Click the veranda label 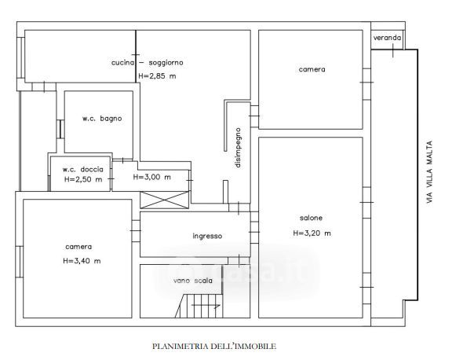coord(387,38)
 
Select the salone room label coord(311,218)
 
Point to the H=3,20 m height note coord(312,233)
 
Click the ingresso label coord(207,236)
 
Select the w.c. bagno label coord(102,119)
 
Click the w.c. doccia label coord(83,168)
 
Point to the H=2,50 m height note coord(83,180)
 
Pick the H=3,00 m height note coord(151,177)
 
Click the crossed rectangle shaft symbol coord(164,200)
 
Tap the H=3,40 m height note coord(82,261)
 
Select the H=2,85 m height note coord(157,76)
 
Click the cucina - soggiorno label coord(151,62)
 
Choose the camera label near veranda coord(312,70)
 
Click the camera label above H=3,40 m coord(78,244)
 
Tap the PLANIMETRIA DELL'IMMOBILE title coord(213,345)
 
